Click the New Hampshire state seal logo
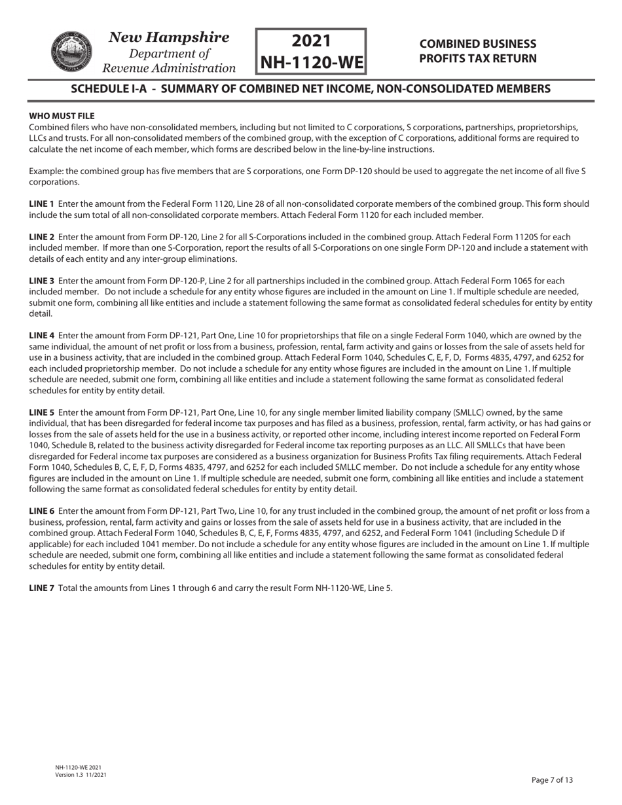point(68,52)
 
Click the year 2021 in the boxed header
point(311,41)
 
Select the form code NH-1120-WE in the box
point(311,63)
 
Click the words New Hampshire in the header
point(169,37)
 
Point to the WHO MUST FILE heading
point(62,116)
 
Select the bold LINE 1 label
point(42,204)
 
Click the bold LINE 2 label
point(42,238)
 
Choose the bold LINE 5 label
point(42,413)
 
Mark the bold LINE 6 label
point(42,511)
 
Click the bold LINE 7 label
point(42,588)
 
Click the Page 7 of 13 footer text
point(552,779)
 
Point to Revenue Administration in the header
point(170,68)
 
